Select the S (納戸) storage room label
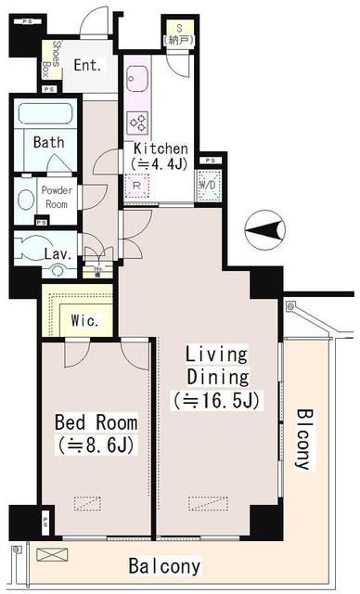point(177,34)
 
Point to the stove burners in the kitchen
point(139,121)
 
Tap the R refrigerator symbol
point(136,184)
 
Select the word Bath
point(48,143)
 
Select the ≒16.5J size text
point(215,401)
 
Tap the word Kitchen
point(161,148)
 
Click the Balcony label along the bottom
point(164,565)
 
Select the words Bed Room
point(96,424)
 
